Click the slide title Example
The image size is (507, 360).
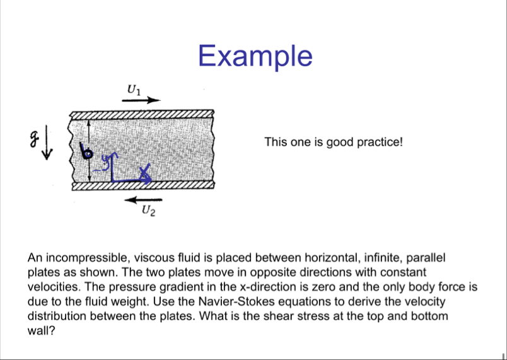coord(255,55)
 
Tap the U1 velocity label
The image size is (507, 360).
coord(134,89)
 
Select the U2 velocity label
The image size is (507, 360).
coord(148,211)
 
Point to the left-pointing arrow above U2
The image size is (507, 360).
coord(139,200)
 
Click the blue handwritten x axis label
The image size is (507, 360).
coord(146,170)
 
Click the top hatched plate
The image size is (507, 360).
coord(142,114)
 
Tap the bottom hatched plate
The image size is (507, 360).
coord(142,186)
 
